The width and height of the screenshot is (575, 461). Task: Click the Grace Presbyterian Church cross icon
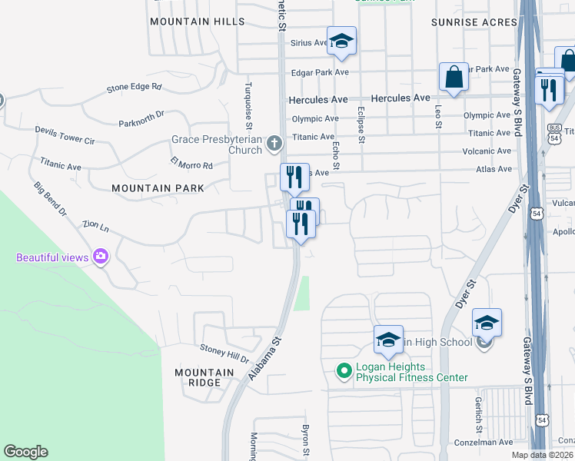tap(274, 144)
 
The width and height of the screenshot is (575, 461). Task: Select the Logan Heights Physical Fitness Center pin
tap(344, 372)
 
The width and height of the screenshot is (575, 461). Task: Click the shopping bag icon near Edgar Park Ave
tap(454, 77)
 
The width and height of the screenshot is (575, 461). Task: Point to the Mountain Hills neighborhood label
tap(197, 22)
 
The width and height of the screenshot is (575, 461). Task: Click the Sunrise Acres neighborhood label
tap(474, 22)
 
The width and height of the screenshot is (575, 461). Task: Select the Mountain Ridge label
tap(204, 377)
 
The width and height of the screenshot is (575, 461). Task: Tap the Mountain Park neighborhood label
tap(158, 187)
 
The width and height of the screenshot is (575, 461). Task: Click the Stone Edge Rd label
tap(135, 88)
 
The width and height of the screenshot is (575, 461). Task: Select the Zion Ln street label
tap(95, 228)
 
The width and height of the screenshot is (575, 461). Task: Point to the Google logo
tap(25, 452)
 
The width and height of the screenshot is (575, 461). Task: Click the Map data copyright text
tap(542, 455)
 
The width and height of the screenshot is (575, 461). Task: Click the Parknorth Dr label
tap(141, 118)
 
